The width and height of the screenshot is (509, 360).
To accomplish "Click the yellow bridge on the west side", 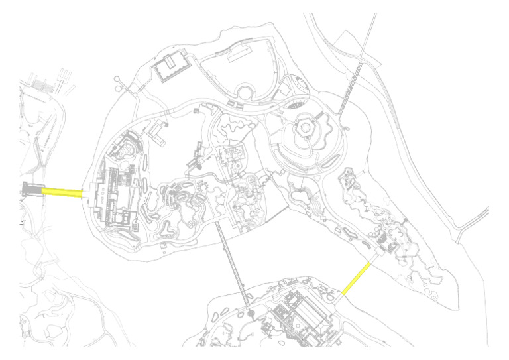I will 62,192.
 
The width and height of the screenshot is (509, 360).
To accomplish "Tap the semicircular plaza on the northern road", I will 245,92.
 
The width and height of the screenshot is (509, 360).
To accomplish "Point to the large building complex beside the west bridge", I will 115,196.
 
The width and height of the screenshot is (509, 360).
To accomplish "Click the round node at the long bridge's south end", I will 250,312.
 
